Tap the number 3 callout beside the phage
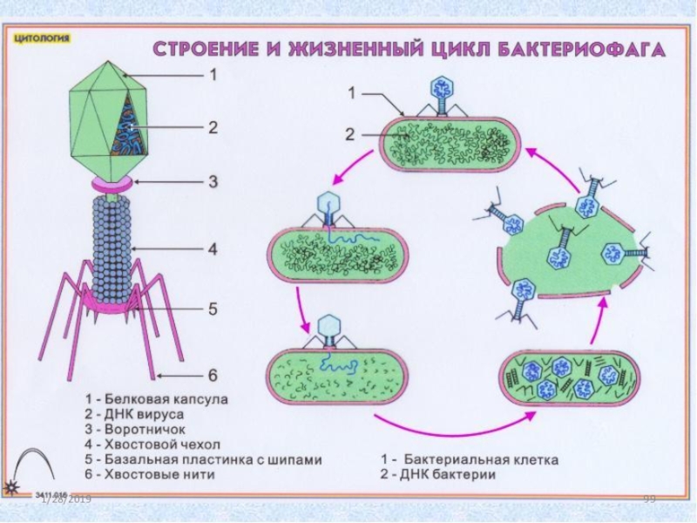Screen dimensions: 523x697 210,182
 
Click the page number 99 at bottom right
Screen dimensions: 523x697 648,498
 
